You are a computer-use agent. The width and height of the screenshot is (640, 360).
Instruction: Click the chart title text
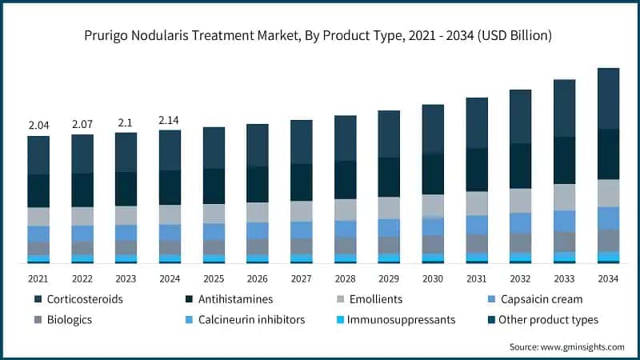pyautogui.click(x=320, y=36)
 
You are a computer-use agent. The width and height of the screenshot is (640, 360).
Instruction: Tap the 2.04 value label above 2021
pyautogui.click(x=38, y=125)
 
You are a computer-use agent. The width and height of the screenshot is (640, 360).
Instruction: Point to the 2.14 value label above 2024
pyautogui.click(x=170, y=120)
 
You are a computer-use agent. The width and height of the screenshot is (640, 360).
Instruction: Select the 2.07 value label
pyautogui.click(x=82, y=125)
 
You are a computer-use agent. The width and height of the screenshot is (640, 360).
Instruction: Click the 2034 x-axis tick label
pyautogui.click(x=608, y=278)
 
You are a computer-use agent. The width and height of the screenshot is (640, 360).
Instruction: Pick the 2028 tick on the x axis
pyautogui.click(x=345, y=278)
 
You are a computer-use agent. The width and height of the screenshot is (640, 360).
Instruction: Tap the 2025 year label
pyautogui.click(x=214, y=278)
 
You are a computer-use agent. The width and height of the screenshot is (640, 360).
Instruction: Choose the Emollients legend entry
pyautogui.click(x=374, y=299)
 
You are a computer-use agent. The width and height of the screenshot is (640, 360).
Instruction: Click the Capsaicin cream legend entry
pyautogui.click(x=540, y=299)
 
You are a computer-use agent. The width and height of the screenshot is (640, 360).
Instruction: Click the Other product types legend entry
pyautogui.click(x=547, y=320)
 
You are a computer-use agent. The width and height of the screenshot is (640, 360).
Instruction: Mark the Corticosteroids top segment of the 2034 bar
pyautogui.click(x=608, y=98)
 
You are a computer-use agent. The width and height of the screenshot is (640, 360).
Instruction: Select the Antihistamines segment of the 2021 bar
pyautogui.click(x=38, y=190)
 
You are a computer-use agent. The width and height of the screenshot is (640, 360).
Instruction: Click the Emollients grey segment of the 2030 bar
pyautogui.click(x=433, y=206)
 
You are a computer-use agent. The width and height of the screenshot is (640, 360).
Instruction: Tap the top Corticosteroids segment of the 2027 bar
pyautogui.click(x=302, y=142)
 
